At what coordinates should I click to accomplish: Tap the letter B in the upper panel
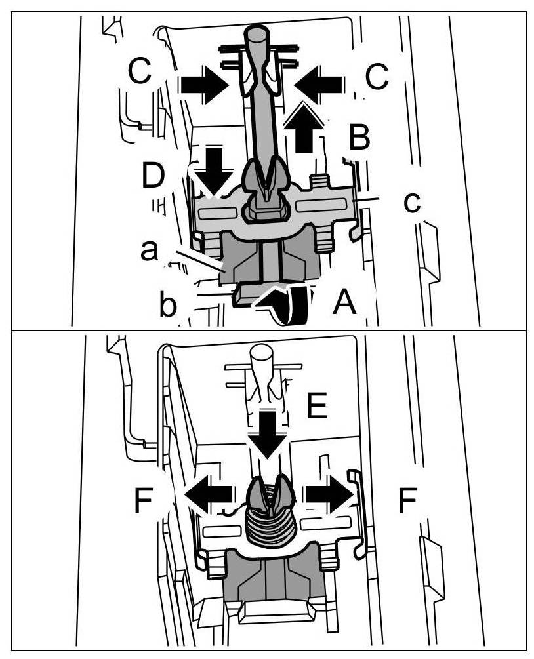pos(359,138)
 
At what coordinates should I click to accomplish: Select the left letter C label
pos(141,73)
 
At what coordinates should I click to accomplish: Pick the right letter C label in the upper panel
pos(377,77)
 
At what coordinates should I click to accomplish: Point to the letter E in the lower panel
pos(317,407)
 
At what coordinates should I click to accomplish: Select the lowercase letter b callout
pos(168,306)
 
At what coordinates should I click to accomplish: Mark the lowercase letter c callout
pos(411,203)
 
